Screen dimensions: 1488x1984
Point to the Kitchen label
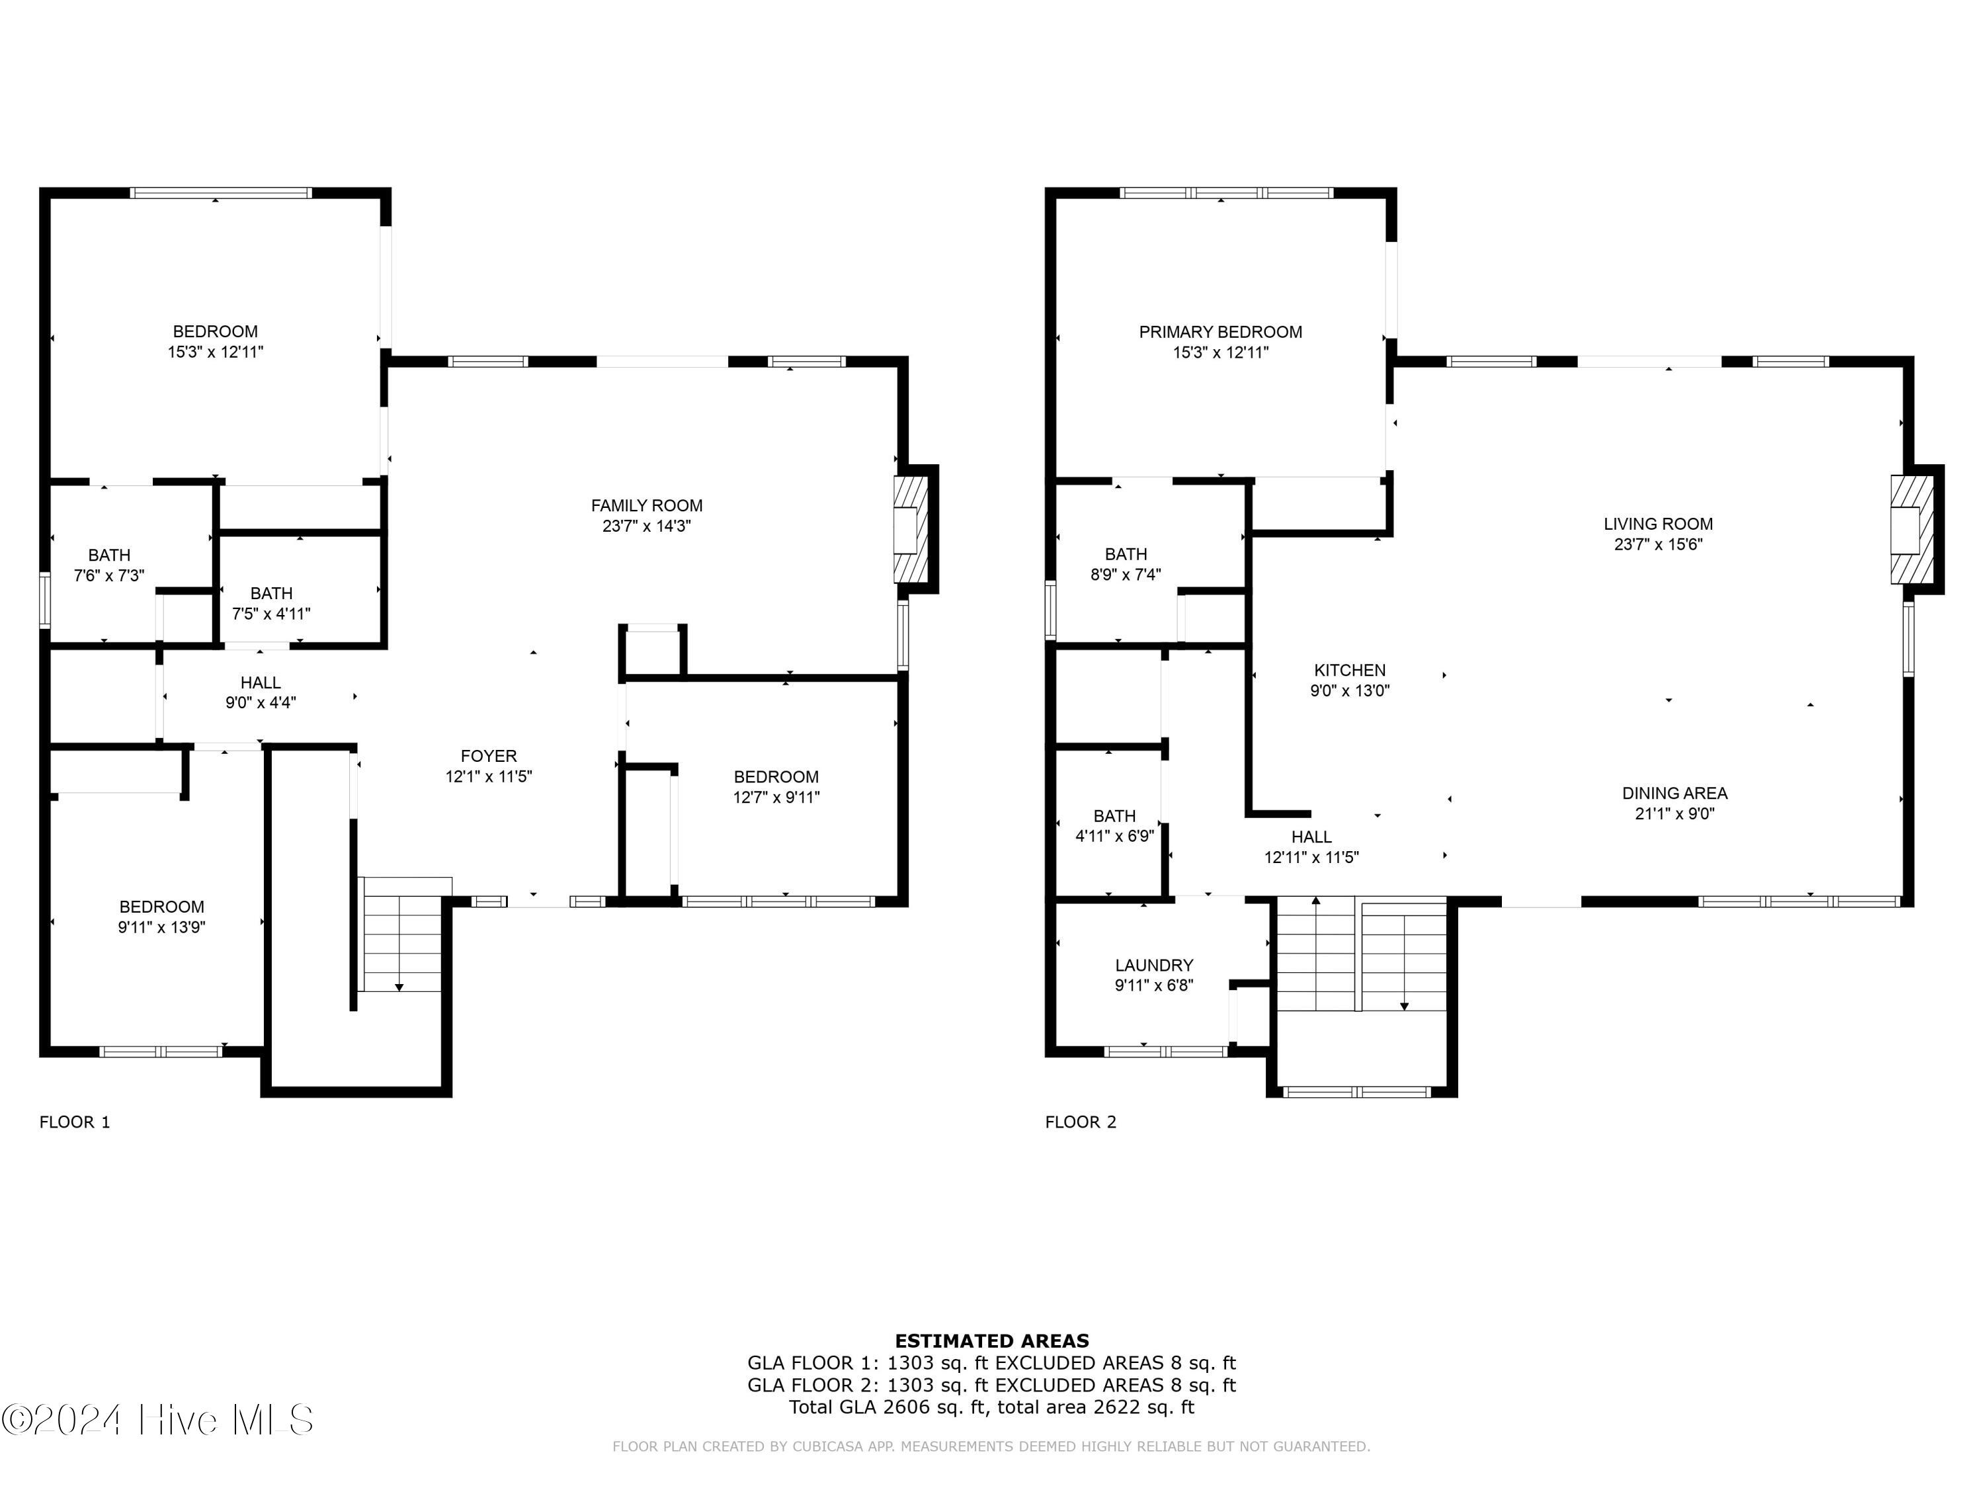(x=1349, y=670)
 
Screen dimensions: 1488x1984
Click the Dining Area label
(x=1674, y=793)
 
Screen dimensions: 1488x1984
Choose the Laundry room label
(x=1153, y=965)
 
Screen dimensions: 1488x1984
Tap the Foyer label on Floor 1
(x=488, y=756)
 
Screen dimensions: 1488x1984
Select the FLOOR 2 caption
(x=1080, y=1122)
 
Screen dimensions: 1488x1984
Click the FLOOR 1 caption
(x=75, y=1122)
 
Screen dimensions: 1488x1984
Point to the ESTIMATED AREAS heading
(x=991, y=1341)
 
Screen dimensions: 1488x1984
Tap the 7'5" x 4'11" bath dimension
(x=271, y=614)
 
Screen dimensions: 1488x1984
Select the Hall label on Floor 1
(x=260, y=682)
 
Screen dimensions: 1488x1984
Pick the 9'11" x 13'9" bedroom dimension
(x=161, y=927)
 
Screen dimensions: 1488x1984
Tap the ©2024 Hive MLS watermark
(x=158, y=1420)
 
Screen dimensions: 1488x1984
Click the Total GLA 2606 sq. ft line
(x=991, y=1407)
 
